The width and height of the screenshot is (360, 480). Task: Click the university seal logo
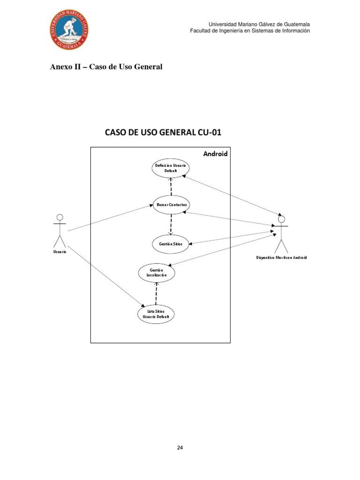[x=70, y=30]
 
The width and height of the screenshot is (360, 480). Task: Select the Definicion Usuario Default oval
[x=171, y=168]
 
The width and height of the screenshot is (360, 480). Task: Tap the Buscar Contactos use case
[x=171, y=205]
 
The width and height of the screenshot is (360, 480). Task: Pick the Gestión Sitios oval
[x=171, y=244]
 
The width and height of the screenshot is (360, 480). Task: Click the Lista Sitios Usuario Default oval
[x=157, y=314]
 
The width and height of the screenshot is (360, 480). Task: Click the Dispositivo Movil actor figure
[x=281, y=234]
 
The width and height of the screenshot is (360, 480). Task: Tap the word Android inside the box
[x=215, y=154]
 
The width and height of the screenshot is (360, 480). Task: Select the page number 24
[x=180, y=447]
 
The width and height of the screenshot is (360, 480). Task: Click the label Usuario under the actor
[x=60, y=252]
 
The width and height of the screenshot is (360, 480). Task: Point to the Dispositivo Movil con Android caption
[x=281, y=258]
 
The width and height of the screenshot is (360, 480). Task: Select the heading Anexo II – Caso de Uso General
[x=106, y=67]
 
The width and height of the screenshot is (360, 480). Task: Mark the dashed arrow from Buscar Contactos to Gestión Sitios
[x=171, y=224]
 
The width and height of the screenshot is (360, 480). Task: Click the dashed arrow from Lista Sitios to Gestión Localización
[x=157, y=293]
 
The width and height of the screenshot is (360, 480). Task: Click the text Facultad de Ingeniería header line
[x=250, y=31]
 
